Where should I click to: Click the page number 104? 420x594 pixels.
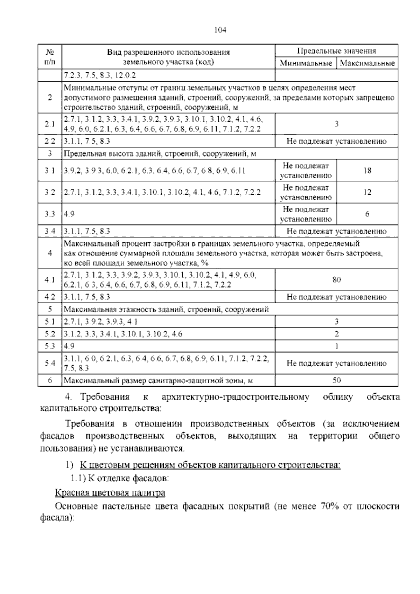[x=220, y=30]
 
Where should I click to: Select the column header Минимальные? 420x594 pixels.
[x=306, y=63]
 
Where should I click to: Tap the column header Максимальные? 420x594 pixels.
[x=367, y=63]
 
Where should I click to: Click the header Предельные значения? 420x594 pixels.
[x=336, y=51]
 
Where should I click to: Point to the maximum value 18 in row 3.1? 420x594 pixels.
[x=367, y=171]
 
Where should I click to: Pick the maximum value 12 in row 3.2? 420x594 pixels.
[x=367, y=192]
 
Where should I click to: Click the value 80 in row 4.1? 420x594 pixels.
[x=336, y=279]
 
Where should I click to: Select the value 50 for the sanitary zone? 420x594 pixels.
[x=336, y=380]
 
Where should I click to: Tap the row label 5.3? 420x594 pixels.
[x=50, y=346]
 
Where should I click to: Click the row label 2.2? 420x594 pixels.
[x=50, y=141]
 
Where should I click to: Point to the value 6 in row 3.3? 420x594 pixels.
[x=367, y=214]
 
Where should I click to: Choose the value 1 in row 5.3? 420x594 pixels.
[x=336, y=346]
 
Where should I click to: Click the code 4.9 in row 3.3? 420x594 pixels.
[x=69, y=214]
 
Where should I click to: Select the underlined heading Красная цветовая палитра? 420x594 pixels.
[x=110, y=493]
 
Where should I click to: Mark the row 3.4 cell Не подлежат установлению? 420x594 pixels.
[x=336, y=231]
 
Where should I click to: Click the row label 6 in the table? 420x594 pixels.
[x=50, y=380]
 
